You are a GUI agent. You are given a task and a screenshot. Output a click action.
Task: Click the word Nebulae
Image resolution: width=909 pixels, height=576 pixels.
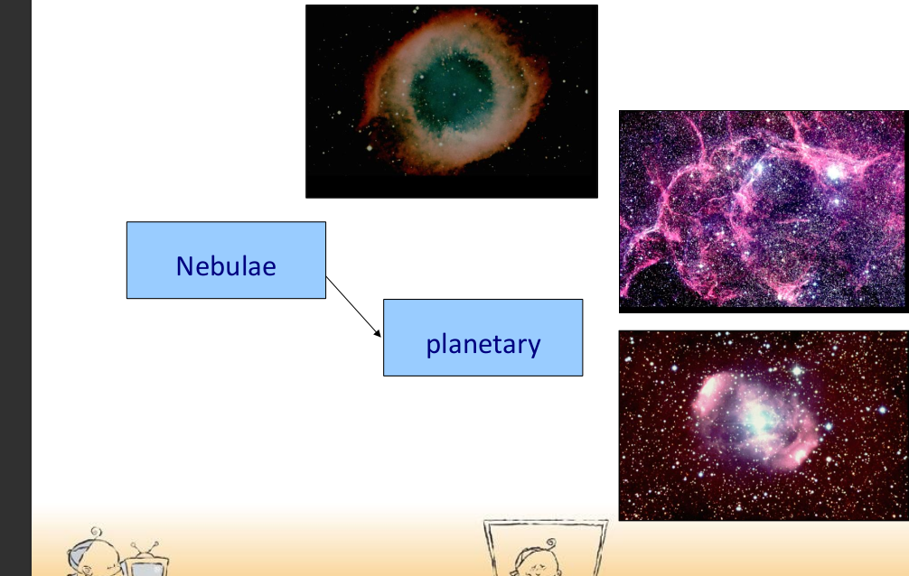226,266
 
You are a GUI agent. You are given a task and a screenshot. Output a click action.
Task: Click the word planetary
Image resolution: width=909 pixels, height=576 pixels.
483,344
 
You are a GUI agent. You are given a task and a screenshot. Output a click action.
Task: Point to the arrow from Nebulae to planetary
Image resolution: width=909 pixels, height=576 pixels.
352,306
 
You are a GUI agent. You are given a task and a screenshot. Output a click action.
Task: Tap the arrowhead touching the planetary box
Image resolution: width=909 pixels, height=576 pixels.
379,334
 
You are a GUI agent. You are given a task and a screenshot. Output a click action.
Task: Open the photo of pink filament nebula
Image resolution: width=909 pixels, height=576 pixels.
764,210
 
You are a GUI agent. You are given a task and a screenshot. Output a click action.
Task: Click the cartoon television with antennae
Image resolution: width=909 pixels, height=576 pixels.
142,566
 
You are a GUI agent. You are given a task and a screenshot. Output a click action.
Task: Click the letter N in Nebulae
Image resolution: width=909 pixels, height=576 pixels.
185,266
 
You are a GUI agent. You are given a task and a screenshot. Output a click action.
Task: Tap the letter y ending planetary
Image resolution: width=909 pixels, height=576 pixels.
534,346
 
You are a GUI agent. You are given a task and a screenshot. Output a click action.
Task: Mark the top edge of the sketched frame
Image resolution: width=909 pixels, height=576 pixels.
545,522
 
